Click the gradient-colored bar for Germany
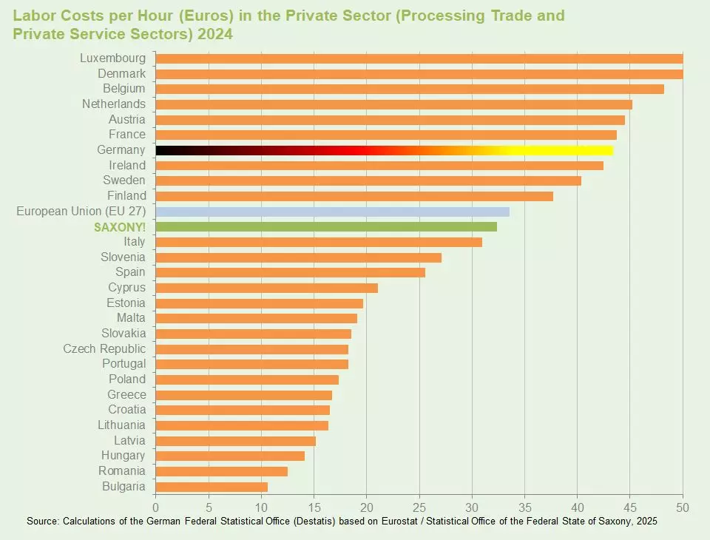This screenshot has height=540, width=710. coord(384,150)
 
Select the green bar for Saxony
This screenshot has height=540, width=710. coord(326,226)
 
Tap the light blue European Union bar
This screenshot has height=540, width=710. coord(332,212)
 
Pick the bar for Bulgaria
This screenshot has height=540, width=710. coord(212,487)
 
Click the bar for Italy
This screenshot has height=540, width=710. coord(319,242)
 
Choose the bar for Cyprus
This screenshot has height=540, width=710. coord(266,288)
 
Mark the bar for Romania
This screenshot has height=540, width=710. coord(221,471)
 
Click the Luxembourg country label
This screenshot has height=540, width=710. coord(112,58)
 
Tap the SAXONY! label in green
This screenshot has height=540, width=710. coord(120,226)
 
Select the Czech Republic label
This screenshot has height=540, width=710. coord(104,349)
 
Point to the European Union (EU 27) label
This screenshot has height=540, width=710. coord(81,212)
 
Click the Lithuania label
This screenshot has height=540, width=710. coord(121,425)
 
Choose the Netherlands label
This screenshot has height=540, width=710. coord(114,104)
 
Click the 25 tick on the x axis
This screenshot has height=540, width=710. coord(419,507)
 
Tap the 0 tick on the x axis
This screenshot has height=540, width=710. coord(155,507)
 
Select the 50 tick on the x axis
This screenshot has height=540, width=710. coord(683,507)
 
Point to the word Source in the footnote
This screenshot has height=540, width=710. coord(41,522)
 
